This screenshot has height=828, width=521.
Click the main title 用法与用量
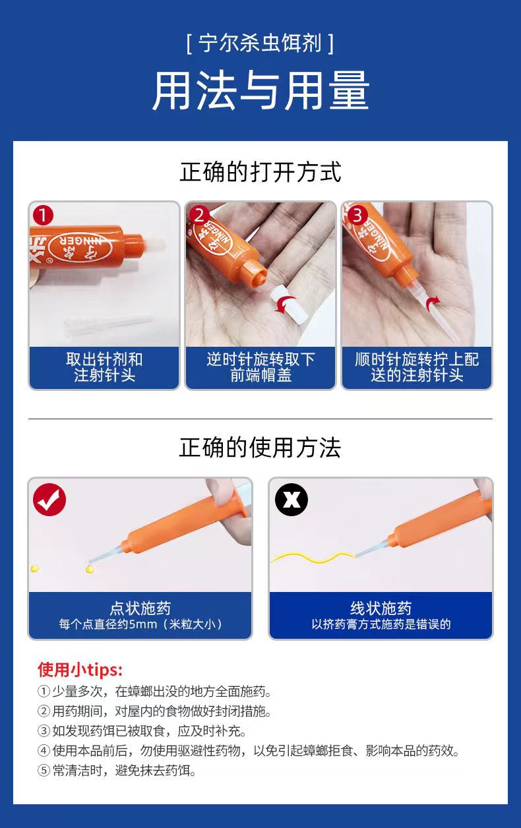tap(260, 90)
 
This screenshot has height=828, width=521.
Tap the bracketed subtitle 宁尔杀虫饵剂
tap(260, 44)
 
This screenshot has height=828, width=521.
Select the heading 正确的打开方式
tap(260, 172)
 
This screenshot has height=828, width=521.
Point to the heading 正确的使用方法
tap(260, 447)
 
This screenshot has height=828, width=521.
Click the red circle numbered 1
tap(43, 215)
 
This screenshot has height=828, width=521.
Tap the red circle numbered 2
tap(199, 215)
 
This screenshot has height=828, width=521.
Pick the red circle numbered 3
tap(356, 215)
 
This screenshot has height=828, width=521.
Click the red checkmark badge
tap(49, 500)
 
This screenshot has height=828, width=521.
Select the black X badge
tap(291, 500)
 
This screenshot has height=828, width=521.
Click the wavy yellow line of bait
tap(313, 557)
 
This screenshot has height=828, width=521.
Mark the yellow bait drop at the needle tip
tap(90, 568)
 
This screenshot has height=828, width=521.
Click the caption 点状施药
tap(140, 608)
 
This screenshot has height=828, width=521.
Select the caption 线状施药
tap(381, 608)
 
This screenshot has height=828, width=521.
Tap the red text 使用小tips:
tap(80, 669)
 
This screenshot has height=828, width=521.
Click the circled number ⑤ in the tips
tap(44, 771)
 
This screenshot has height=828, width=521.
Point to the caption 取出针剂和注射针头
tap(104, 367)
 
